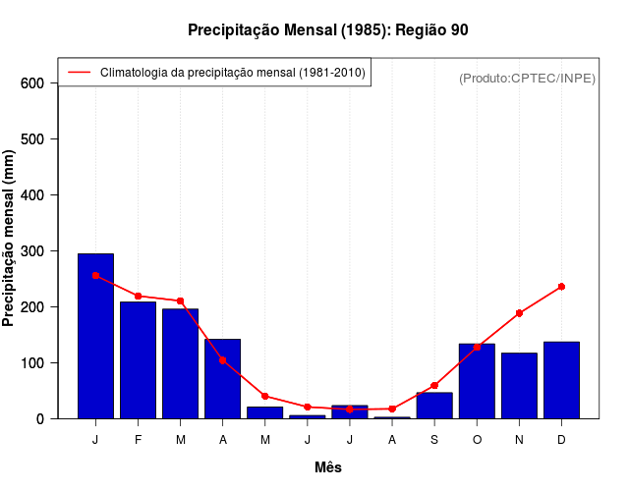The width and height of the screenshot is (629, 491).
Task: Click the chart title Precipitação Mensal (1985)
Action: pos(328,30)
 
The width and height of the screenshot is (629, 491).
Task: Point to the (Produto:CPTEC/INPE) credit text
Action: pos(527,78)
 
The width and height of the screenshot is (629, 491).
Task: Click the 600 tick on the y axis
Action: pos(32,83)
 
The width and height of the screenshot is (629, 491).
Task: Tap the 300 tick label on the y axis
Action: pos(32,251)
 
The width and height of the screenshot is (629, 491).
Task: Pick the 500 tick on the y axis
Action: pos(32,139)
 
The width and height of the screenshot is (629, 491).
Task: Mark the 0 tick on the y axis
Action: pos(40,419)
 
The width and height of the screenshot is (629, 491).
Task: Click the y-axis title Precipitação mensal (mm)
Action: pos(10,239)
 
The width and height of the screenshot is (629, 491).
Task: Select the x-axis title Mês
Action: pos(328,467)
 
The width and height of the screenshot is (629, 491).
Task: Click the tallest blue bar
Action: pos(95,336)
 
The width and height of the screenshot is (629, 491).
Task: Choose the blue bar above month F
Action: pos(138,359)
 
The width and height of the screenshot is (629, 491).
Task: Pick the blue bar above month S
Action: pos(434,406)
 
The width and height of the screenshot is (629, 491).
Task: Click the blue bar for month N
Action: pos(519,385)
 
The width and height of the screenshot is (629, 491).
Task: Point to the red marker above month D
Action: pos(561,287)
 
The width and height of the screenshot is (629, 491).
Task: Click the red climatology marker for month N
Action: pos(519,313)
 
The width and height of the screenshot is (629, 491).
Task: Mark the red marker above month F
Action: pos(138,296)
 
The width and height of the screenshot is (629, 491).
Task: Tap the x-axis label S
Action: pos(434,440)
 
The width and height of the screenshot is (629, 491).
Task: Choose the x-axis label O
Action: pos(477,440)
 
